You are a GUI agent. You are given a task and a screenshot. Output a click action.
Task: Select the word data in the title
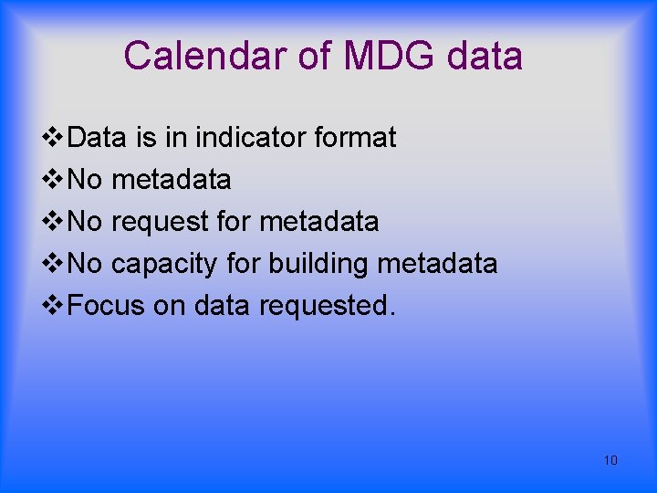click(x=485, y=57)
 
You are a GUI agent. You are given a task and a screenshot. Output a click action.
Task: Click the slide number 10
click(x=610, y=460)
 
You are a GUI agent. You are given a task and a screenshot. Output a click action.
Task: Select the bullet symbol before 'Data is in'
click(x=55, y=138)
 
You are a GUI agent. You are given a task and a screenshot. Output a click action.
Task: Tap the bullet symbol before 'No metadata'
click(x=55, y=180)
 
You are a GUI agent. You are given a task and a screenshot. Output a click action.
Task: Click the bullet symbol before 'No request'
click(x=55, y=222)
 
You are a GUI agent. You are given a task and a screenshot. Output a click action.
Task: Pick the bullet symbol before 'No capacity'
click(x=55, y=264)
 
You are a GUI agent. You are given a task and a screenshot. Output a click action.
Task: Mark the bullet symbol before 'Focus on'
click(x=55, y=306)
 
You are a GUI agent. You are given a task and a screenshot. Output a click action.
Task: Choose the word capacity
click(x=164, y=265)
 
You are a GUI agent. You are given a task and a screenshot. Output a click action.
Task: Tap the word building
click(x=318, y=265)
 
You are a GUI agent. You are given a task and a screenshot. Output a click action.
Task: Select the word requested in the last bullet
click(x=327, y=306)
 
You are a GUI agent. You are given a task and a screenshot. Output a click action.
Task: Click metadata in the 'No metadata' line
click(x=171, y=180)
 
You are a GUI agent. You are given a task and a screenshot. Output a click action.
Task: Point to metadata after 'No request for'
click(x=318, y=222)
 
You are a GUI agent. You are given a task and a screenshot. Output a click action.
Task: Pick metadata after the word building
click(x=437, y=264)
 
